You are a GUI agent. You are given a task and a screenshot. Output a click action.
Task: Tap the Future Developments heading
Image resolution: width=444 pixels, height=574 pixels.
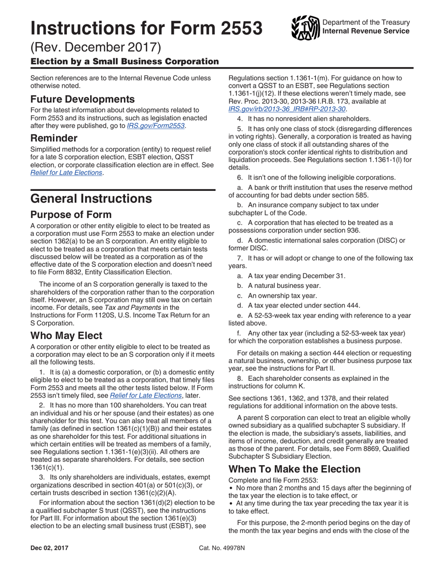[x=83, y=99]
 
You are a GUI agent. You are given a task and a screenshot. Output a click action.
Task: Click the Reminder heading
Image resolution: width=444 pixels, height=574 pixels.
[x=53, y=139]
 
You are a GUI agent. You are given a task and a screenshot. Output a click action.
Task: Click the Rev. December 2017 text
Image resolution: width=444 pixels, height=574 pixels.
[x=96, y=47]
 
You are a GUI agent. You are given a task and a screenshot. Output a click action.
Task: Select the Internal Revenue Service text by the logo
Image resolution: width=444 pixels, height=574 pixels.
[x=366, y=31]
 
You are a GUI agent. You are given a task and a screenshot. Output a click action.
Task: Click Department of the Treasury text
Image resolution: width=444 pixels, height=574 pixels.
[x=366, y=22]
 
